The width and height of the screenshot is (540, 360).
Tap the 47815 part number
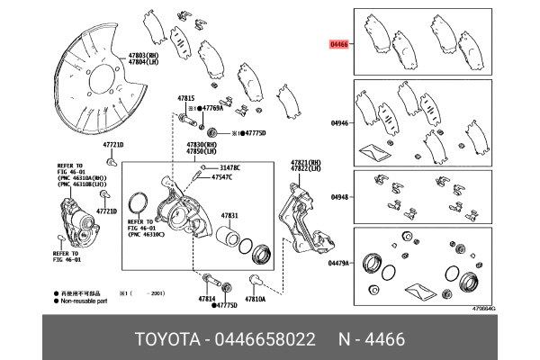[185, 97]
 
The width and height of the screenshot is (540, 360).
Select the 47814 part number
[206, 298]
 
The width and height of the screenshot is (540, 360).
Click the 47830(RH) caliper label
[202, 144]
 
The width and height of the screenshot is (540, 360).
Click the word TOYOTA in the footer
[166, 339]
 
